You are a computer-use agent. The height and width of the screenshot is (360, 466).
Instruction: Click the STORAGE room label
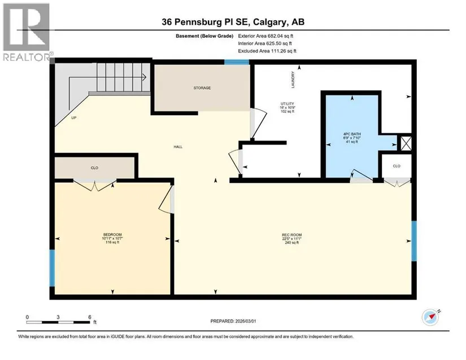pyautogui.click(x=202, y=88)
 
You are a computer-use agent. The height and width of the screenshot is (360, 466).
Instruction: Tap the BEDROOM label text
pyautogui.click(x=112, y=235)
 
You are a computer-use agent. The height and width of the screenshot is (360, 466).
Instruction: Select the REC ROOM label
pyautogui.click(x=292, y=235)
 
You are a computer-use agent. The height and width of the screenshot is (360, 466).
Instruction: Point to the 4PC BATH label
pyautogui.click(x=352, y=134)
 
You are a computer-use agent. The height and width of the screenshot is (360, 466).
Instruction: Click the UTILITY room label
pyautogui.click(x=288, y=104)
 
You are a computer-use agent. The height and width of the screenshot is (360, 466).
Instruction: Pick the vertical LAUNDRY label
pyautogui.click(x=293, y=80)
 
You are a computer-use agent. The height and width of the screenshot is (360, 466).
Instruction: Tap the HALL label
pyautogui.click(x=178, y=147)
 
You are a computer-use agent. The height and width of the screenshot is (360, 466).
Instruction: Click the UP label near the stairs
pyautogui.click(x=73, y=118)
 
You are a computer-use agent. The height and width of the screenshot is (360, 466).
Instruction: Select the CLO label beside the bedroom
pyautogui.click(x=94, y=168)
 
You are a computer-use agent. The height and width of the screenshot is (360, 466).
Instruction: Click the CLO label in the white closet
pyautogui.click(x=397, y=166)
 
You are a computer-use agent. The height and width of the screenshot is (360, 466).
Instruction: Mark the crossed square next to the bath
pyautogui.click(x=406, y=143)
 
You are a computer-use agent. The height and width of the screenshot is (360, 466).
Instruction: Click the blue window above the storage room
pyautogui.click(x=237, y=62)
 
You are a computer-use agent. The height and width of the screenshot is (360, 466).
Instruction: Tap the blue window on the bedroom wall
pyautogui.click(x=52, y=268)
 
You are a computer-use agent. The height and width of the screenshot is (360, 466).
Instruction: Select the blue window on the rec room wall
pyautogui.click(x=414, y=241)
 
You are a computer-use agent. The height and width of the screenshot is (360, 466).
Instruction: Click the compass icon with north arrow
pyautogui.click(x=430, y=317)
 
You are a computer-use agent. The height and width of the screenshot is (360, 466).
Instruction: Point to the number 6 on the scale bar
pyautogui.click(x=90, y=317)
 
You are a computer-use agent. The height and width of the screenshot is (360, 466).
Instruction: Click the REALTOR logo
pyautogui.click(x=27, y=32)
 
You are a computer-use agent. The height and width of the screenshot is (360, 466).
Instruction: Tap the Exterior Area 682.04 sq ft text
pyautogui.click(x=265, y=36)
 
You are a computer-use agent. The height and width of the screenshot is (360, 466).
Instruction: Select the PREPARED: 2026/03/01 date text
pyautogui.click(x=233, y=321)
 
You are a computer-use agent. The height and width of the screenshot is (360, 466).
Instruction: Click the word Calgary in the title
pyautogui.click(x=271, y=22)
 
